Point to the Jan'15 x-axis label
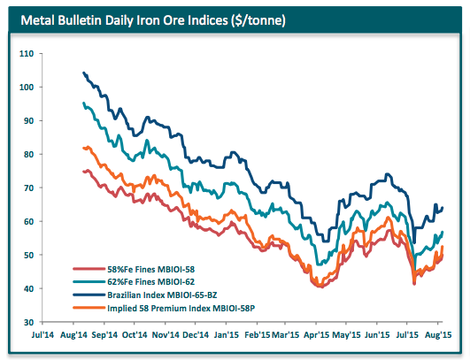226,336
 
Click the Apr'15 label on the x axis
317,336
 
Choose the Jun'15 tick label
378,336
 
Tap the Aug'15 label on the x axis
438,336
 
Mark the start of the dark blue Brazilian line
83,73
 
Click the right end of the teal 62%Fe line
443,232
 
